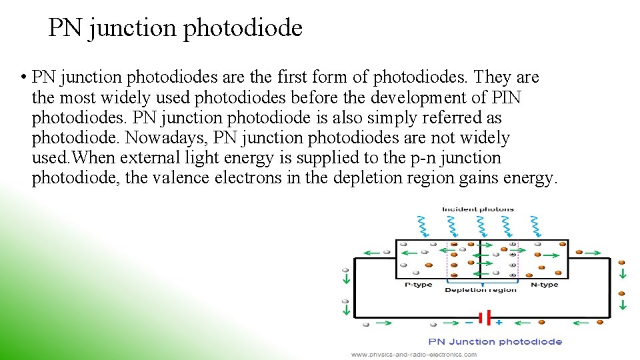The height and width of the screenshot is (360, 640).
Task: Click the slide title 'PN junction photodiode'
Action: (175, 28)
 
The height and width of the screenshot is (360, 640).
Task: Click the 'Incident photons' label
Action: (478, 209)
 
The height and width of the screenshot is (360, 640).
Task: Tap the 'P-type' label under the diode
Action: (419, 285)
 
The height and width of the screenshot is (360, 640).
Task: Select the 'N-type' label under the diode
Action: (544, 285)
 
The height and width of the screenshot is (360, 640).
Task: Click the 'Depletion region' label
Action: (481, 290)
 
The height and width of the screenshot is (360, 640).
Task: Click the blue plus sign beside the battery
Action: (499, 323)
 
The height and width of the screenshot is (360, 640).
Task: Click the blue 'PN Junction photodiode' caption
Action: (495, 341)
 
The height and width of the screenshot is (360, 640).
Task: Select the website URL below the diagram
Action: (413, 354)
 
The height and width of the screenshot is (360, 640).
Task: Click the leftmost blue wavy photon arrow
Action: (421, 225)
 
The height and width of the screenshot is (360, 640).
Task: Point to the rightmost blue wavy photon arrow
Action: (535, 225)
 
